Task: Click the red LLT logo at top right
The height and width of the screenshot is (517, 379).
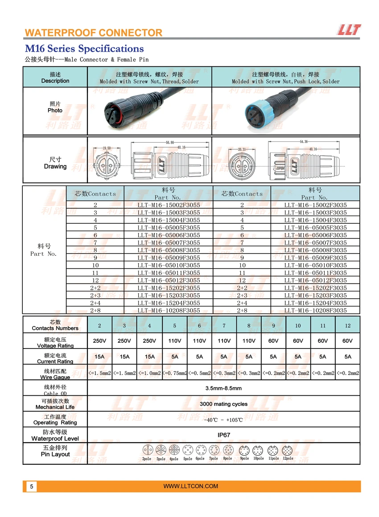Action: (349, 30)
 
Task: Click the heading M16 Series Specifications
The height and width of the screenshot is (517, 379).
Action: (84, 49)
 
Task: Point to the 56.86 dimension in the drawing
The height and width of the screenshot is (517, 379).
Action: (170, 143)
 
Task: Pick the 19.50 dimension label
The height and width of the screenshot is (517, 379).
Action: (107, 148)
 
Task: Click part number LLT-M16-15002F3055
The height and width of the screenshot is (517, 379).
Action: (169, 205)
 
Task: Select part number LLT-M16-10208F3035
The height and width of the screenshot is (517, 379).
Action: (315, 310)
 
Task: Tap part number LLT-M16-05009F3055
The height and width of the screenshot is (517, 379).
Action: (169, 258)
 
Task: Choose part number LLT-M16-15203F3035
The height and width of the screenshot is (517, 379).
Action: (315, 295)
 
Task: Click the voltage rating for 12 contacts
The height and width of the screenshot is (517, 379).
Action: (347, 341)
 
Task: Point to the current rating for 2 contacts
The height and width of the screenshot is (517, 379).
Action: (99, 357)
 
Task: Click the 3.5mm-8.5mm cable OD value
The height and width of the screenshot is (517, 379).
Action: (223, 388)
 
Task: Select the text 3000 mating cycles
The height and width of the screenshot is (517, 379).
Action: (223, 404)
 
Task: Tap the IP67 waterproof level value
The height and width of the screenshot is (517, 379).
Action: (223, 435)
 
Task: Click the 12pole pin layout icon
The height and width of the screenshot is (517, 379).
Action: (287, 451)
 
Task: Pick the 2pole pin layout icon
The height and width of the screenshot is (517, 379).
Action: (147, 451)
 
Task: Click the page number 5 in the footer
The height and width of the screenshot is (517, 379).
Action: (31, 486)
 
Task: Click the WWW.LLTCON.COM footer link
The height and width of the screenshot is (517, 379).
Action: (191, 486)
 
